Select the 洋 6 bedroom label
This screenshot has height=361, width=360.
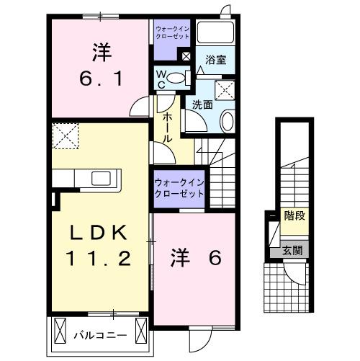[x=194, y=257]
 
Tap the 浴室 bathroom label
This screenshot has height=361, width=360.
[x=215, y=61]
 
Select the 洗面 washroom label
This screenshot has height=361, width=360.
[x=202, y=104]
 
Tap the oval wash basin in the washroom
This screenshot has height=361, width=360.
[x=226, y=121]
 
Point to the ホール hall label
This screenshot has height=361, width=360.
[x=166, y=128]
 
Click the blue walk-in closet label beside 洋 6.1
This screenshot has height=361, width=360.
[x=171, y=32]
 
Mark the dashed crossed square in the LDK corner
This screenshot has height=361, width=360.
[x=66, y=135]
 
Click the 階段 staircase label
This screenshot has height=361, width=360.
[x=294, y=215]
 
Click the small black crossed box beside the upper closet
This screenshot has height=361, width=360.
[x=186, y=56]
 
